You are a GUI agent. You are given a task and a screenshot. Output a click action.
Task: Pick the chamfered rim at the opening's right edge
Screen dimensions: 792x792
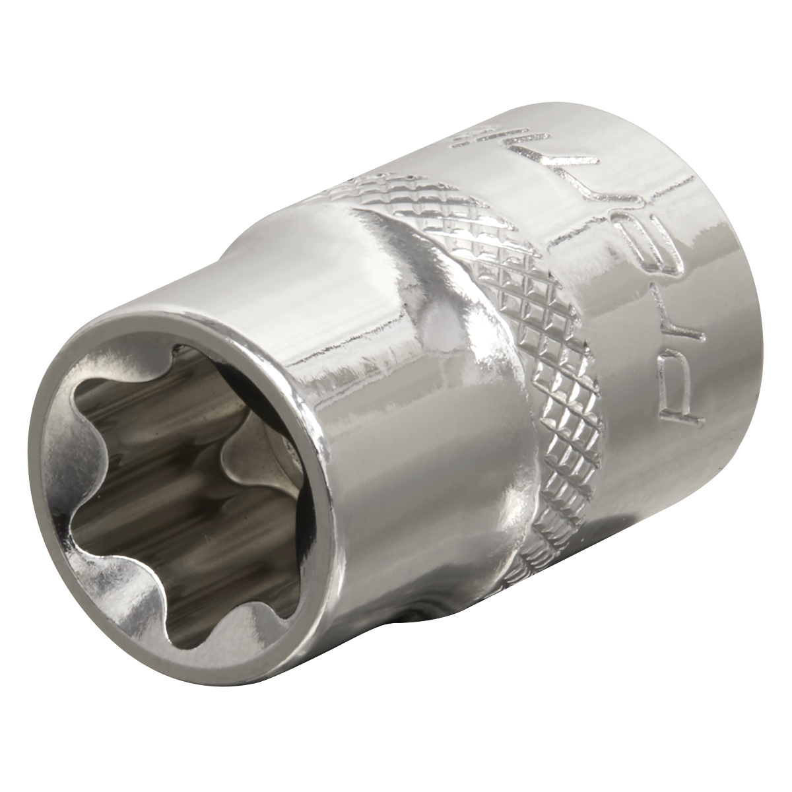point(313,502)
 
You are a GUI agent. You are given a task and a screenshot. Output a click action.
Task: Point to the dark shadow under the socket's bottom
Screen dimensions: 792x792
point(409,617)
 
